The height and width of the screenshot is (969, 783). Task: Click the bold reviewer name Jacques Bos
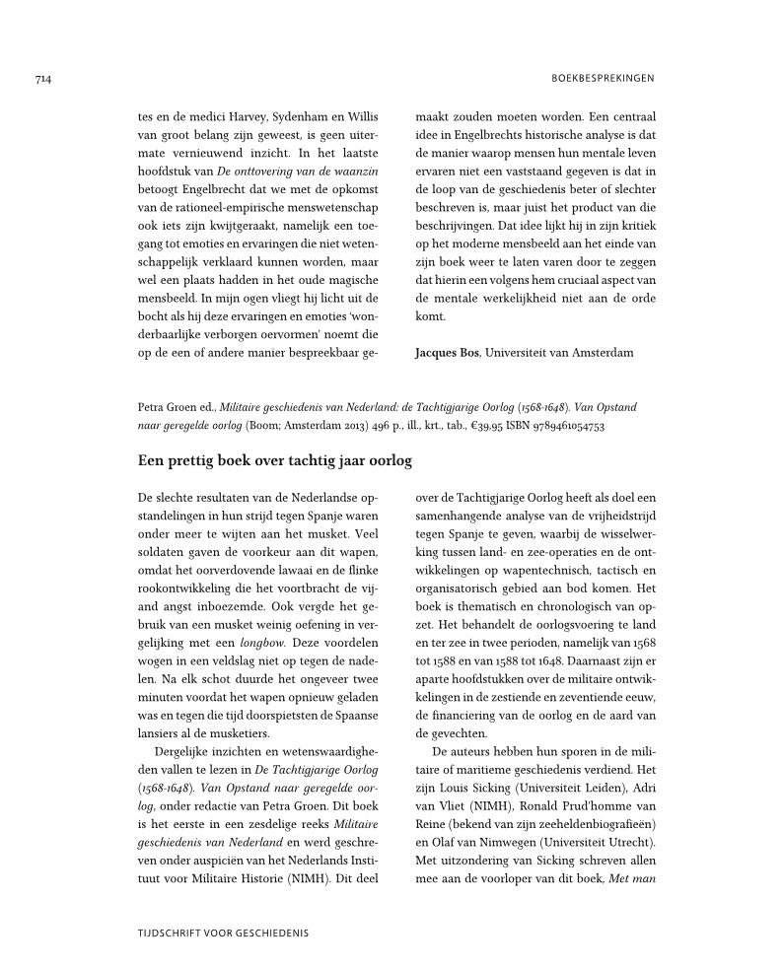pyautogui.click(x=447, y=352)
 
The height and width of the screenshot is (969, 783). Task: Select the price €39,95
pyautogui.click(x=469, y=426)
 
